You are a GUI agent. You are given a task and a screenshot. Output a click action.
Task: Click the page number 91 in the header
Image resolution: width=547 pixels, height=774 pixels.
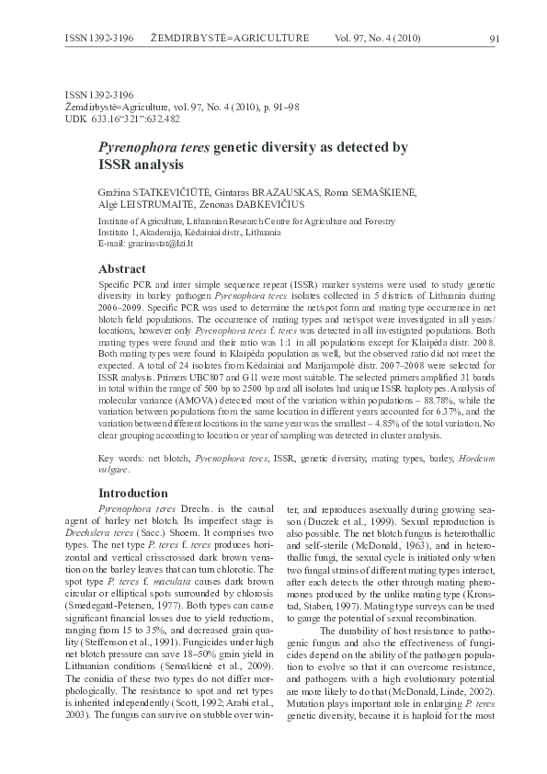coord(494,39)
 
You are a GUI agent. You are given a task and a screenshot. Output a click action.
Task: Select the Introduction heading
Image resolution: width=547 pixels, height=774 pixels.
coord(133,493)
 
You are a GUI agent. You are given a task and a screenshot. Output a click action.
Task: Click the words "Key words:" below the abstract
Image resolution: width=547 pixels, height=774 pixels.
coord(119,457)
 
